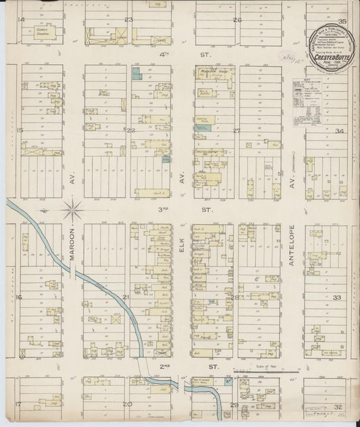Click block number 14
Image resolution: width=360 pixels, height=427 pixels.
21,20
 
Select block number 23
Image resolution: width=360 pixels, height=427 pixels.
127,20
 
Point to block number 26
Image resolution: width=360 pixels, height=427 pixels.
236,20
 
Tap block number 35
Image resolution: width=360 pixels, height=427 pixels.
342,20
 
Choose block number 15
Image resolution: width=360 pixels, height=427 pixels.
20,130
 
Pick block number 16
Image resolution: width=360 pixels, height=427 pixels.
20,297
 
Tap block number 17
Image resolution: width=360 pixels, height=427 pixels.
19,404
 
